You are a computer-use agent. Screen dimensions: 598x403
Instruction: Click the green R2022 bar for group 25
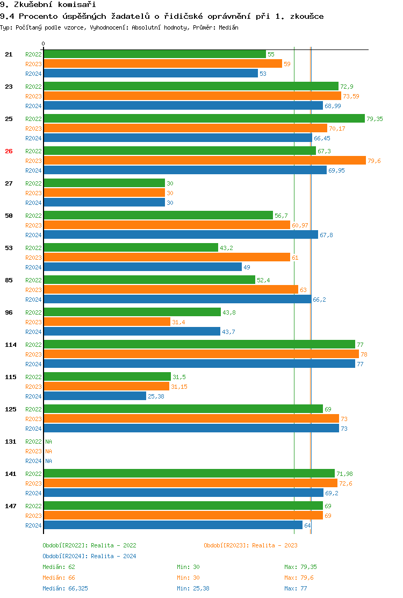pyautogui.click(x=204, y=119)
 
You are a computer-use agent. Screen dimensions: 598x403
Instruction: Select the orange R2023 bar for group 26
pyautogui.click(x=205, y=161)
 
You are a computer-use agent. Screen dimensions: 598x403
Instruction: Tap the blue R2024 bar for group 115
pyautogui.click(x=95, y=396)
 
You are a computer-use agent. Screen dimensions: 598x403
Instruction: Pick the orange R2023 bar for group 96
pyautogui.click(x=107, y=322)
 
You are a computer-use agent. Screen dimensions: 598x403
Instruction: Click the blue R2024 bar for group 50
pyautogui.click(x=181, y=235)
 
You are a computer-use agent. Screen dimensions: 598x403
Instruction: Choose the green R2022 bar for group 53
pyautogui.click(x=131, y=248)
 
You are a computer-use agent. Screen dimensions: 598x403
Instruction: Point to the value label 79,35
pyautogui.click(x=375, y=119)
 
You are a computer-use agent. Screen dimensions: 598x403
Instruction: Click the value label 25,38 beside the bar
pyautogui.click(x=156, y=396)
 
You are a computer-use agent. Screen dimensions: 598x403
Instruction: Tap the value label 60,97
pyautogui.click(x=300, y=225)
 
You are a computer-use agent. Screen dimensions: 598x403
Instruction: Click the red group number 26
pyautogui.click(x=9, y=151)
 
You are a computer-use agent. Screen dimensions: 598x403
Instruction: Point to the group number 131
pyautogui.click(x=11, y=442)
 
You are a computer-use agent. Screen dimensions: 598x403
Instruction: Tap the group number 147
pyautogui.click(x=11, y=506)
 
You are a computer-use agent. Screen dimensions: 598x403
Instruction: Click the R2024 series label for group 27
pyautogui.click(x=33, y=203)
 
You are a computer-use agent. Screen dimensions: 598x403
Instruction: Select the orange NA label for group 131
pyautogui.click(x=48, y=451)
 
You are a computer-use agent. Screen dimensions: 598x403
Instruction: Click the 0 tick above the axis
pyautogui.click(x=44, y=44)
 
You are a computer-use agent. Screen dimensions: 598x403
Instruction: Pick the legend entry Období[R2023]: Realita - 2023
pyautogui.click(x=250, y=545)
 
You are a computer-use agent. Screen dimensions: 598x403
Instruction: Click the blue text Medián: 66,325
pyautogui.click(x=65, y=588)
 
